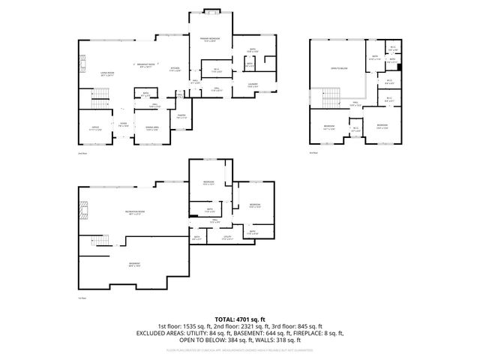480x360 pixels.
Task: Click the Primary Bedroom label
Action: (x=209, y=39)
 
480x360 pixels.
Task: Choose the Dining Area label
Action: (x=152, y=128)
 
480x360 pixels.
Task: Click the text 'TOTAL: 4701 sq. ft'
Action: (x=239, y=319)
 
